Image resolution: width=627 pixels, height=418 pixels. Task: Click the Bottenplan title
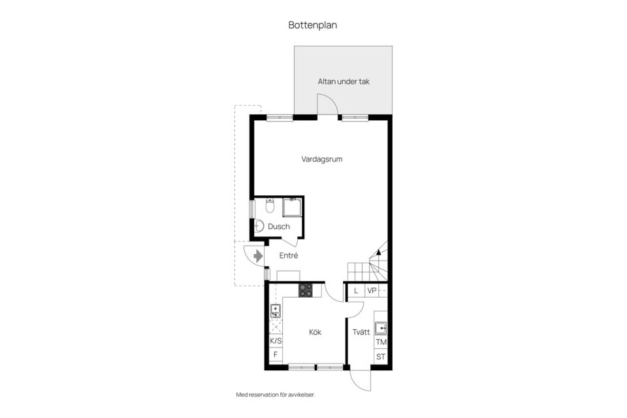coord(313,25)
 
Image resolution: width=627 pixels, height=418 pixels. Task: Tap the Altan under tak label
coord(344,82)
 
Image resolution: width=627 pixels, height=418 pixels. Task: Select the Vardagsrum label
coord(322,159)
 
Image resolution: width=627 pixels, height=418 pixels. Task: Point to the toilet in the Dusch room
coord(270,206)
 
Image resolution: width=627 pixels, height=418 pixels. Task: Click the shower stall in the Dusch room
coord(292,207)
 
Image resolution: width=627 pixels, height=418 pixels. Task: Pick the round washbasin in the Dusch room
coord(259,226)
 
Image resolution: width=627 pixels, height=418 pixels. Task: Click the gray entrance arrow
coord(258,256)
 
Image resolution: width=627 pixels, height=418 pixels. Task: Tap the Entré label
coord(288,255)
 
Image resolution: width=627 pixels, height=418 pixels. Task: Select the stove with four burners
coord(306,290)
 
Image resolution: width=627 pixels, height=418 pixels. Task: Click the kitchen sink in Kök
coord(276,311)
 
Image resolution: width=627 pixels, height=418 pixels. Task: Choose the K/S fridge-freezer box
coord(276,341)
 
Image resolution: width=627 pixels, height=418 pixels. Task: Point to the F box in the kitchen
coord(276,355)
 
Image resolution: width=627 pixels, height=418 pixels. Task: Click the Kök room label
coord(315,332)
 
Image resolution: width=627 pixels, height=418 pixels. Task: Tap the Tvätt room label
coord(361,332)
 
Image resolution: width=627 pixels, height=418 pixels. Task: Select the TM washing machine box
coord(381,342)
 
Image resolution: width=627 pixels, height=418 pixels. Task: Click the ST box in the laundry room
coord(381,357)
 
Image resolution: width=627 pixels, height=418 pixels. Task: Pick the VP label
coord(372,291)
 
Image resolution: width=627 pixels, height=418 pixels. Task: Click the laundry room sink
coord(381,329)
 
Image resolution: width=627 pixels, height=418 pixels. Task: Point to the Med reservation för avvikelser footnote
coord(276,394)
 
